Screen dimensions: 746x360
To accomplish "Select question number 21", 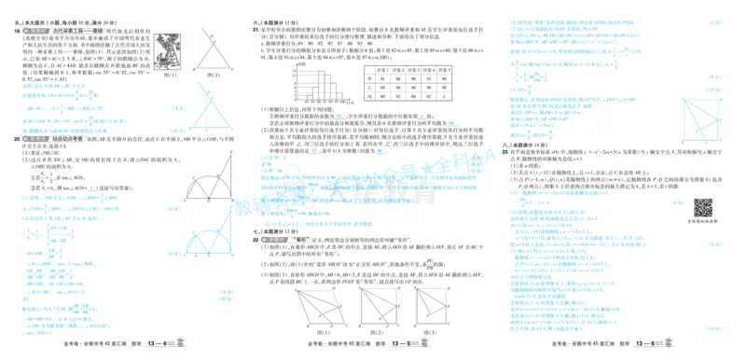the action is [256, 30].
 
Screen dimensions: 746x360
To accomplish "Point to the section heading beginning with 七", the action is [274, 230].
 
